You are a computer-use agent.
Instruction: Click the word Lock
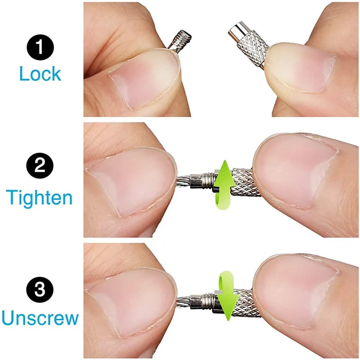click(40, 73)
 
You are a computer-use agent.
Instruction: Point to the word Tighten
click(40, 197)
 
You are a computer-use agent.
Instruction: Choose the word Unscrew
click(40, 318)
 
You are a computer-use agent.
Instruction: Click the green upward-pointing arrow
click(223, 184)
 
